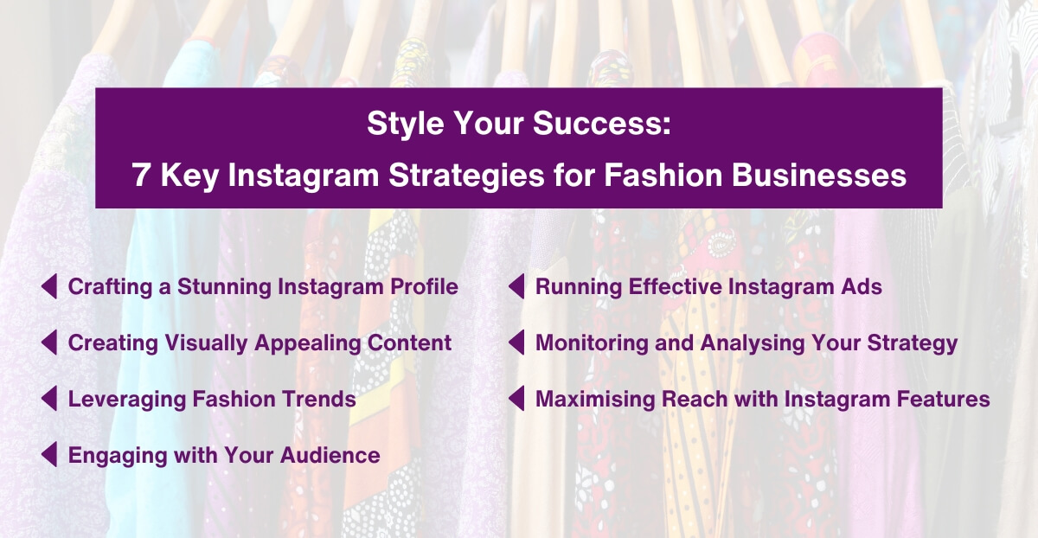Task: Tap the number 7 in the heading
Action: point(141,176)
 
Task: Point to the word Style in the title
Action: point(402,124)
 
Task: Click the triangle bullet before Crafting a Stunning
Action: point(49,286)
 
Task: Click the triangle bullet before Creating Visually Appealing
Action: point(49,343)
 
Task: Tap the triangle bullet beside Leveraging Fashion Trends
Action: point(49,399)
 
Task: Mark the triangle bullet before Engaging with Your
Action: point(49,455)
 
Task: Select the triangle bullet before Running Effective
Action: point(516,286)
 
